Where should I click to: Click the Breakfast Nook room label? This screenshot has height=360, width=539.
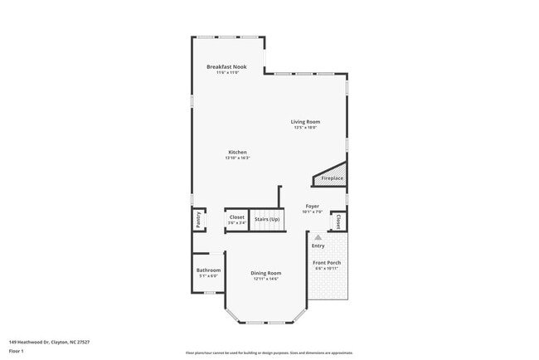(x=226, y=66)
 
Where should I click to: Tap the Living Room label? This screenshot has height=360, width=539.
(x=306, y=121)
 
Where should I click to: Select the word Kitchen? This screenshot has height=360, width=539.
(x=238, y=152)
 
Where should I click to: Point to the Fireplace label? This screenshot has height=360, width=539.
(x=333, y=178)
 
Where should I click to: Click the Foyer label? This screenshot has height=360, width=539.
(x=312, y=205)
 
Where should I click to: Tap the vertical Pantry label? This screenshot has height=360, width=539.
(x=198, y=220)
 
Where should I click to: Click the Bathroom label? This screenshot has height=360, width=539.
(x=208, y=270)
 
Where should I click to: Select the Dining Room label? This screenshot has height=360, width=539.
(x=267, y=273)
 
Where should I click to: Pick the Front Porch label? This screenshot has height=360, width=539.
(x=327, y=263)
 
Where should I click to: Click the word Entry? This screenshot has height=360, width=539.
(x=318, y=246)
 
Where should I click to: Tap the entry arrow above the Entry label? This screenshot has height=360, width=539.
(x=318, y=236)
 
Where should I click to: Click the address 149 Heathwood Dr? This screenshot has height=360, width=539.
(x=49, y=341)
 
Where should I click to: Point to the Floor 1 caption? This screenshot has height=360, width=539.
(x=17, y=350)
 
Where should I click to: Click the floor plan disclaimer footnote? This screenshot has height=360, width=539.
(x=269, y=353)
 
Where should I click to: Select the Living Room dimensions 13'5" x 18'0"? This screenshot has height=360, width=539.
(x=306, y=128)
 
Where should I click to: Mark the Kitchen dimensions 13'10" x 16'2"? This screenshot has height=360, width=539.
(x=237, y=158)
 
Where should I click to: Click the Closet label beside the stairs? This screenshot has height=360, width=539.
(x=237, y=217)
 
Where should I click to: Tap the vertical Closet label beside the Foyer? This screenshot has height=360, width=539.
(x=338, y=221)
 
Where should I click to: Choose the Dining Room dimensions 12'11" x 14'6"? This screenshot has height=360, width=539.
(x=267, y=279)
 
